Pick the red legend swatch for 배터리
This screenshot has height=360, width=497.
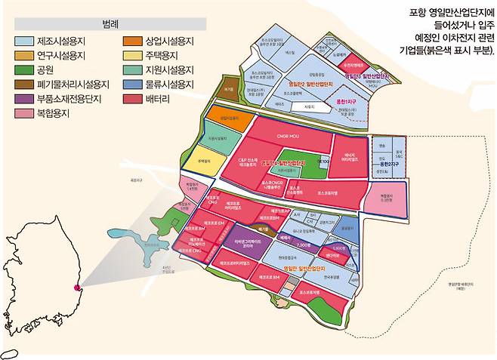[131, 98]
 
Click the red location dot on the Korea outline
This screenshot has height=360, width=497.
[75, 288]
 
